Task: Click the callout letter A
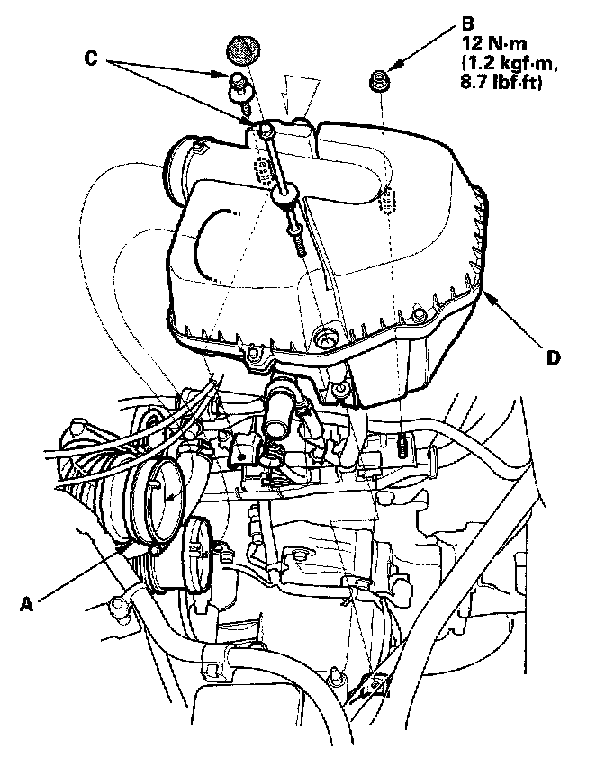tap(27, 604)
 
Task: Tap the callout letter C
tap(92, 56)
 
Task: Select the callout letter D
tap(554, 357)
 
